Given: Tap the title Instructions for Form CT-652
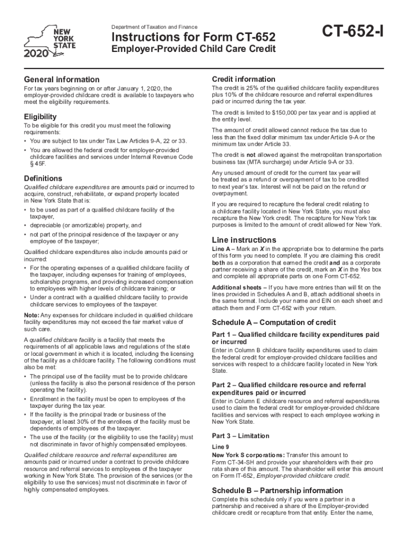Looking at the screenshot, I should (x=193, y=38).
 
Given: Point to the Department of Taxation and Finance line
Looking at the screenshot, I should (x=154, y=27).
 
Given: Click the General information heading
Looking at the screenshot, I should (x=61, y=80).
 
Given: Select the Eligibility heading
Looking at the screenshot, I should (x=40, y=116).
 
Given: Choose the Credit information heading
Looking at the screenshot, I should (x=243, y=79).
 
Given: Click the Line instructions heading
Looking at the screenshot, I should (x=244, y=240).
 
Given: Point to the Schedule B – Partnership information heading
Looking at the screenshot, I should (x=277, y=491).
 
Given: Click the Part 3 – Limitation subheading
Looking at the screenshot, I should (x=241, y=436).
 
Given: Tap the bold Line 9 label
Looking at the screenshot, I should (x=220, y=447).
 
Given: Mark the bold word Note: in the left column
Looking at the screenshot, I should (x=32, y=315).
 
